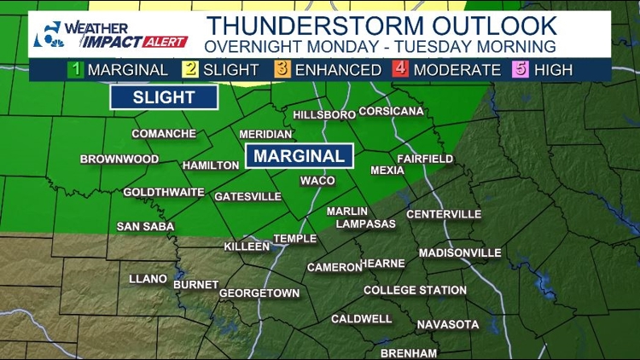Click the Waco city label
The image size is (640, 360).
coord(317,181)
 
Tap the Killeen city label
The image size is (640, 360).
coord(247,247)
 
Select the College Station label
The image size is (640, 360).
coord(415,290)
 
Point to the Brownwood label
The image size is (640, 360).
coord(119,160)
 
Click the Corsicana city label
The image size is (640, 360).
coord(391,112)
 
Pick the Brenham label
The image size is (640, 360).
coord(409,353)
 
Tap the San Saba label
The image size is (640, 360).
coord(145,226)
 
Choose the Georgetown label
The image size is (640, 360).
coord(259,293)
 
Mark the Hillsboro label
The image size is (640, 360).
coord(323,114)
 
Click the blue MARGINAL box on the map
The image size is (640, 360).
coord(300,156)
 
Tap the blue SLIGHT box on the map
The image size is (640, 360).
coord(164,97)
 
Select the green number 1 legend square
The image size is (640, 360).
coord(76,70)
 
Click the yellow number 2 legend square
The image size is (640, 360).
coord(189,70)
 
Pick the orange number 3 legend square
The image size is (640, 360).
coord(283,70)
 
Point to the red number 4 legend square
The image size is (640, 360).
coord(399,70)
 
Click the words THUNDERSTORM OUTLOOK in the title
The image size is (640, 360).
coord(381,26)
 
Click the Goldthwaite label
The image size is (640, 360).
coord(164,192)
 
